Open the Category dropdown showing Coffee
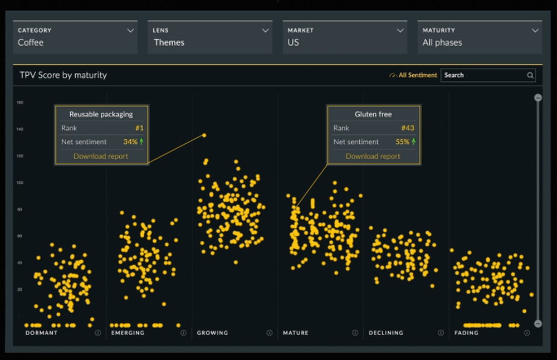(x=75, y=37)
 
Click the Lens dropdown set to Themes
(x=210, y=37)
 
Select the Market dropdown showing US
(x=345, y=37)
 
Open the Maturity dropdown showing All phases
(x=480, y=37)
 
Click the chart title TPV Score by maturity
(x=63, y=75)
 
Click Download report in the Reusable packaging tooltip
(x=101, y=156)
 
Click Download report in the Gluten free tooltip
(x=373, y=156)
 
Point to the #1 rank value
(x=140, y=128)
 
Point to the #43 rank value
(x=408, y=128)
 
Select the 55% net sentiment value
(x=403, y=142)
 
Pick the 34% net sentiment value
(x=130, y=142)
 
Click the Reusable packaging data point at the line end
(x=204, y=135)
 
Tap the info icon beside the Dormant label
(x=98, y=333)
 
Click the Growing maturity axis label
(x=212, y=333)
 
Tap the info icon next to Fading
(x=527, y=333)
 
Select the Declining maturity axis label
(x=385, y=333)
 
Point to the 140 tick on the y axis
(x=20, y=129)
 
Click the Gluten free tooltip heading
(x=373, y=114)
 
